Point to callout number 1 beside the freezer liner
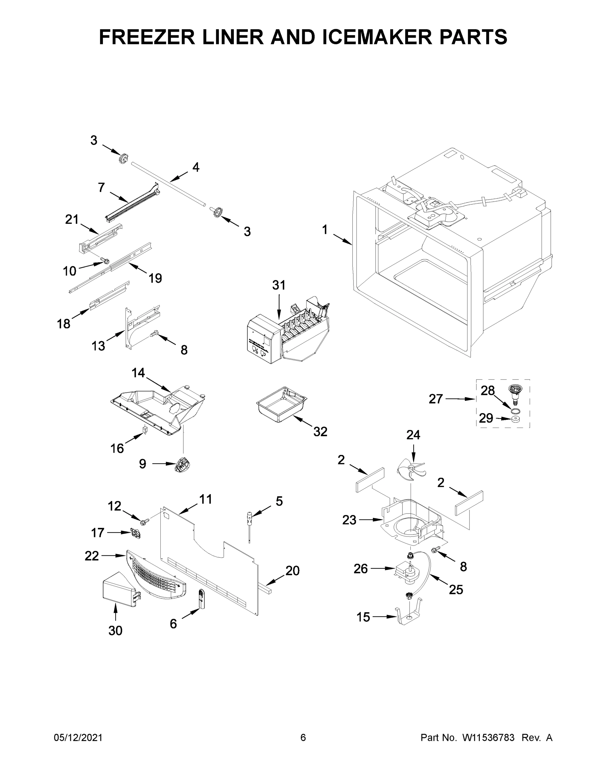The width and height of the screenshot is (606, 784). [x=324, y=230]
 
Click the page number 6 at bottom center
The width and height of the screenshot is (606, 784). [x=303, y=737]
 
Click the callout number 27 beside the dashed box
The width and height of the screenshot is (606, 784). [x=435, y=399]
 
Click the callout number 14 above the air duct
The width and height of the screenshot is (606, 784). [x=138, y=373]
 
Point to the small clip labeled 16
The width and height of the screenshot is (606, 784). [x=145, y=430]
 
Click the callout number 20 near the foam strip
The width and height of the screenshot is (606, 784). [x=292, y=570]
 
